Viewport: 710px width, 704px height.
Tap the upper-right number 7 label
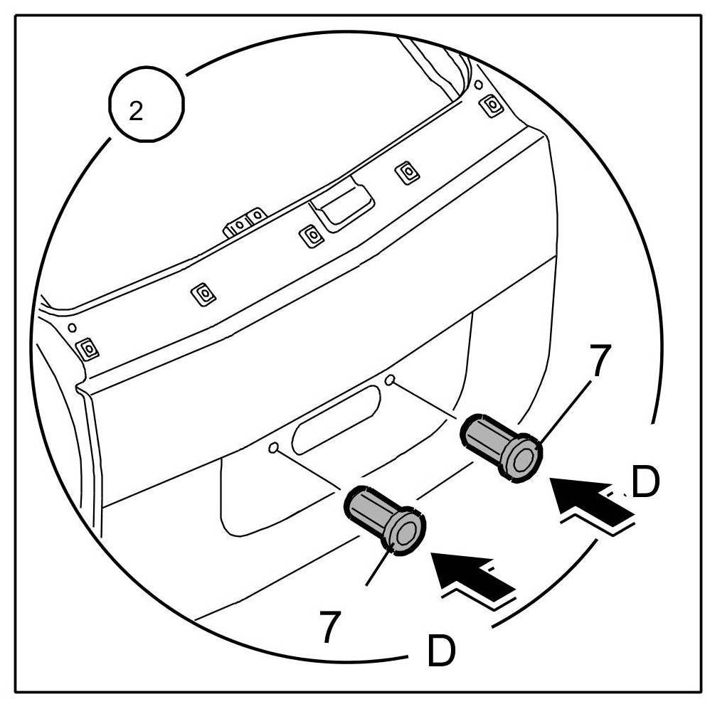[600, 361]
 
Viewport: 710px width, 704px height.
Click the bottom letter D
[440, 650]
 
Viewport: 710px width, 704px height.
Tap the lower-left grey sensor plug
[383, 517]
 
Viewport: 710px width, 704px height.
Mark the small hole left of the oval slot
[273, 448]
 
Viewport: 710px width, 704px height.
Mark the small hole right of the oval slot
[389, 381]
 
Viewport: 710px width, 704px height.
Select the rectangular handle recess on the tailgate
[341, 206]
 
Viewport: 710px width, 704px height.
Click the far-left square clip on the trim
[88, 348]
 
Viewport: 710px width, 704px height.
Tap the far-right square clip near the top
[490, 105]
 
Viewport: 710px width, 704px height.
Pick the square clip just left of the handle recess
[310, 234]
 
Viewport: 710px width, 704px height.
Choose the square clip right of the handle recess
[406, 171]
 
